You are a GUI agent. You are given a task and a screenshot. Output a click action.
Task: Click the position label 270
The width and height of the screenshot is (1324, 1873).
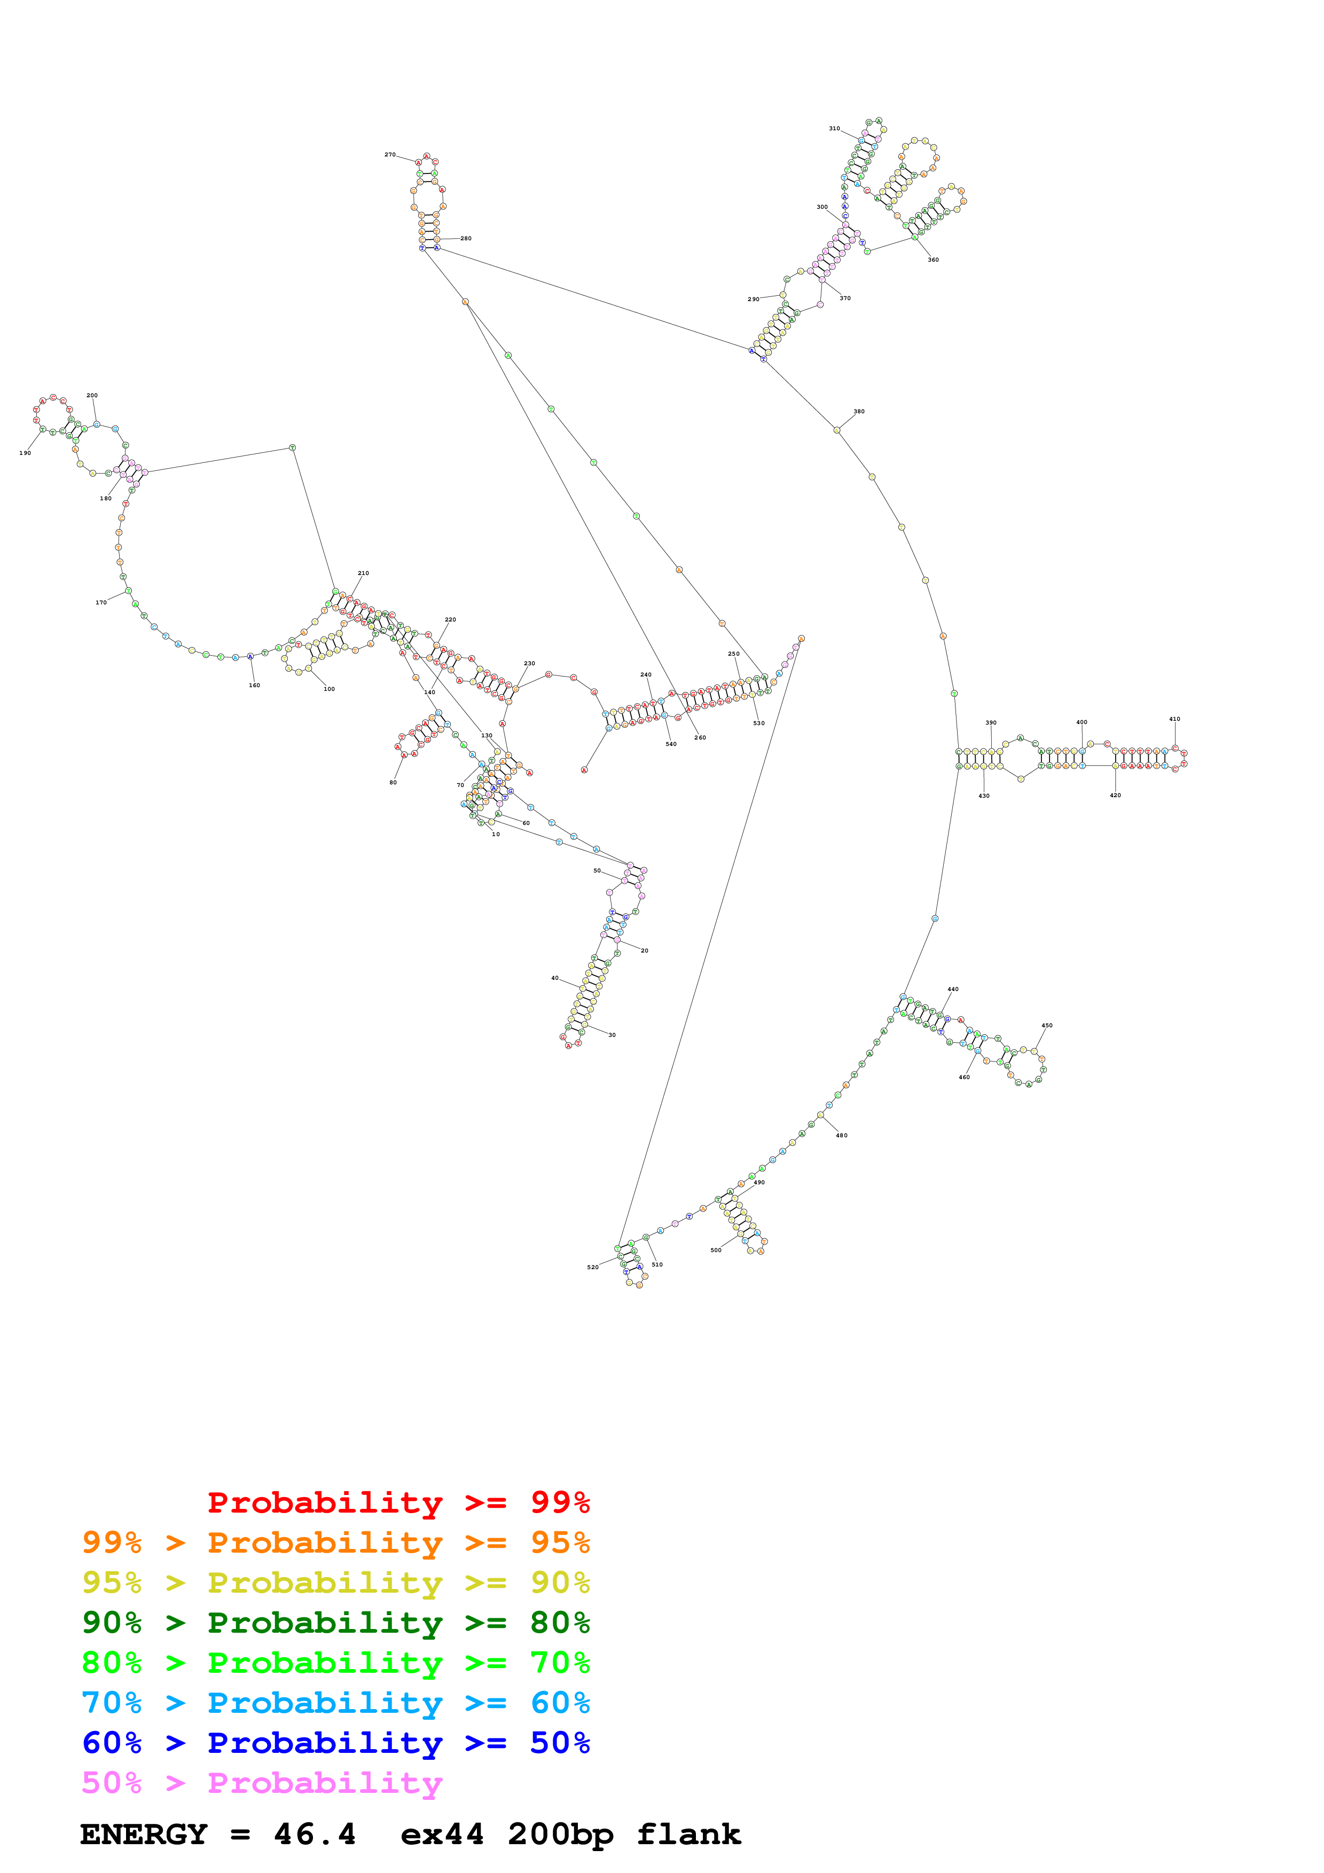390,154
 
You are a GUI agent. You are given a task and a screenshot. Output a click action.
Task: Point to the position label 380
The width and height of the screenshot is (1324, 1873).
858,411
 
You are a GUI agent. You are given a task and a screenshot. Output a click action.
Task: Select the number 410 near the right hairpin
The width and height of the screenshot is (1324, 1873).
1174,719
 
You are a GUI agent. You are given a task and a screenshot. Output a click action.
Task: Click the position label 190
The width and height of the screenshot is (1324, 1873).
25,453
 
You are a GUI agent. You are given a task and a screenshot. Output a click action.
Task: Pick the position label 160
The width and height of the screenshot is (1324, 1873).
255,685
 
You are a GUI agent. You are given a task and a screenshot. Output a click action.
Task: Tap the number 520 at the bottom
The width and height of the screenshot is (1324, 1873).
592,1267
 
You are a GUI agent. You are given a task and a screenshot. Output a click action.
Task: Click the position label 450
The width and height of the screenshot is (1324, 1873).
1047,1026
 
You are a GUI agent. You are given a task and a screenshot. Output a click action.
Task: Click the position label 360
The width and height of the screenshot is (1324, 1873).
933,259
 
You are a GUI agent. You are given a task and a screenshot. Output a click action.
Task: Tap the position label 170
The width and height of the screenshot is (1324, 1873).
101,603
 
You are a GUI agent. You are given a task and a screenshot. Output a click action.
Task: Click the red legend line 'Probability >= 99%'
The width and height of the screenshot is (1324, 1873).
398,1502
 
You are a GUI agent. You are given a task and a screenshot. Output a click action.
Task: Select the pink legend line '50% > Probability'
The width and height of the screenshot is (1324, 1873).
262,1782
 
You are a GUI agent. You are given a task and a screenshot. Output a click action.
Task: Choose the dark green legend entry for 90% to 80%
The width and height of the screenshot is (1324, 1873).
335,1622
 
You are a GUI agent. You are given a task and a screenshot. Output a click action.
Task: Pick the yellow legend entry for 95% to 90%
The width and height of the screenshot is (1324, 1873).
335,1582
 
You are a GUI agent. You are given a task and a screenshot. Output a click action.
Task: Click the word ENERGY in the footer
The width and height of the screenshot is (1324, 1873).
144,1834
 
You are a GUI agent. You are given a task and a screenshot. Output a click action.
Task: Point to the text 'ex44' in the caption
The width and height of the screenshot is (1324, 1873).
442,1834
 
